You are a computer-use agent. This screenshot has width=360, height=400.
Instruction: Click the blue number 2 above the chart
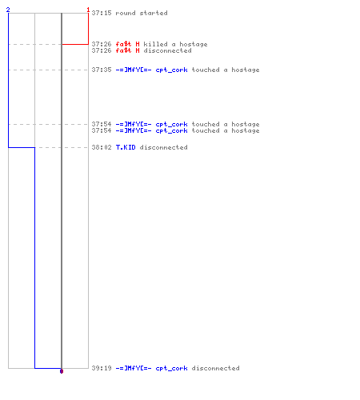pyautogui.click(x=8, y=10)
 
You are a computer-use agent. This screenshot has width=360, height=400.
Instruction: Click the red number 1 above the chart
pyautogui.click(x=88, y=10)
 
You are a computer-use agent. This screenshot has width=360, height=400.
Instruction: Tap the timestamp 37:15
pyautogui.click(x=102, y=13)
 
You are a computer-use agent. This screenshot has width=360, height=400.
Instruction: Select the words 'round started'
pyautogui.click(x=142, y=13)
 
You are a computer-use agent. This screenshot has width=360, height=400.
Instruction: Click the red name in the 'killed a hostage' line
pyautogui.click(x=127, y=44)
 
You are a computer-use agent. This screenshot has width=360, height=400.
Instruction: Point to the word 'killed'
pyautogui.click(x=155, y=44)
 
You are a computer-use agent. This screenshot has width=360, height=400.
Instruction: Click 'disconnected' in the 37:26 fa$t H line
pyautogui.click(x=167, y=50)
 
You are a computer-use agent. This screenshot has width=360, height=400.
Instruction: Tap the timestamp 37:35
pyautogui.click(x=102, y=70)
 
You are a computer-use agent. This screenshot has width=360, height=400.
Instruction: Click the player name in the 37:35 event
pyautogui.click(x=151, y=70)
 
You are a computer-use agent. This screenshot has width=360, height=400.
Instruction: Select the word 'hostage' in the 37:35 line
pyautogui.click(x=246, y=70)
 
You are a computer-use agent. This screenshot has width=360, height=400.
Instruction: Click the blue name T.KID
pyautogui.click(x=126, y=147)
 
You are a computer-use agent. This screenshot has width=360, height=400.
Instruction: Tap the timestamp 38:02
pyautogui.click(x=102, y=147)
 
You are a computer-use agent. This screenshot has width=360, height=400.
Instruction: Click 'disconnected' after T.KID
pyautogui.click(x=163, y=147)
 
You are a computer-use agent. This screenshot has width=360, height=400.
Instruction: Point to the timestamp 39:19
pyautogui.click(x=102, y=368)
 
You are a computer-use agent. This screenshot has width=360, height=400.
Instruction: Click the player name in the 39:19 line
pyautogui.click(x=151, y=368)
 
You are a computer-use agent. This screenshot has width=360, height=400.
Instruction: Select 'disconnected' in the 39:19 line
pyautogui.click(x=215, y=368)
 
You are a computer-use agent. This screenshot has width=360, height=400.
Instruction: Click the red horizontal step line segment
pyautogui.click(x=75, y=44)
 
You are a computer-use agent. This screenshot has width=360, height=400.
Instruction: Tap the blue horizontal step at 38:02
pyautogui.click(x=22, y=147)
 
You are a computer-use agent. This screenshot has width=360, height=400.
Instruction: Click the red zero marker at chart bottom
pyautogui.click(x=62, y=371)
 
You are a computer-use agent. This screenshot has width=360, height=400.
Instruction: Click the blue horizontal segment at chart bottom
pyautogui.click(x=48, y=368)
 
